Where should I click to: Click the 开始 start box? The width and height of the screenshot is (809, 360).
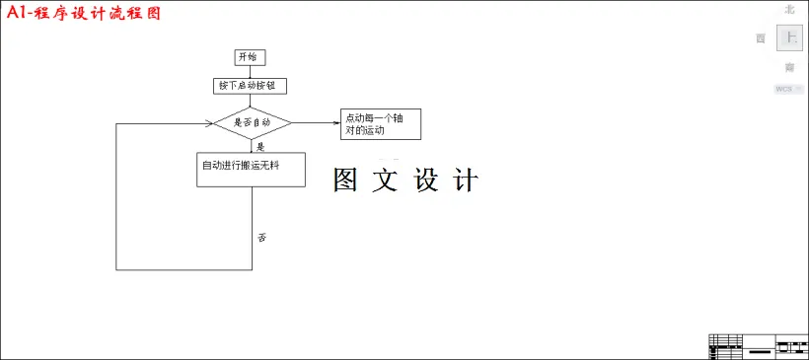(x=251, y=57)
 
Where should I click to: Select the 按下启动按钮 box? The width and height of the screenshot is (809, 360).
(x=250, y=86)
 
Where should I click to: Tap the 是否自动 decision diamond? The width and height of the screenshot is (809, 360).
(x=253, y=123)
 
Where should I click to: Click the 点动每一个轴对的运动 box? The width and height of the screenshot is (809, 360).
(x=380, y=124)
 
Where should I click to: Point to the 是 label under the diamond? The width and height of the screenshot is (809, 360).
(x=260, y=146)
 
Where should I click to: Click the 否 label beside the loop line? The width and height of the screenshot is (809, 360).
(x=262, y=238)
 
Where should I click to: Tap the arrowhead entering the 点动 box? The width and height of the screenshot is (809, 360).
(x=335, y=123)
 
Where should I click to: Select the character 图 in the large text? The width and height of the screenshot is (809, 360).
(x=345, y=180)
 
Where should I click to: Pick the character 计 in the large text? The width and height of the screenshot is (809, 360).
(x=465, y=180)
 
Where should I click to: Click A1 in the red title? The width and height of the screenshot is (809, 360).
(x=18, y=15)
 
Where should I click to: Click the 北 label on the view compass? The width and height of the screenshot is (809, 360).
(x=789, y=9)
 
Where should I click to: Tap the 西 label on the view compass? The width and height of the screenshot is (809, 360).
(x=761, y=38)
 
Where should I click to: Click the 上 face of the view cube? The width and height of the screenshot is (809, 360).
(x=789, y=37)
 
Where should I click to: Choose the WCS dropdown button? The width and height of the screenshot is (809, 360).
(x=788, y=90)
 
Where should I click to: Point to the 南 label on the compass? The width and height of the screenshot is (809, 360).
(x=789, y=68)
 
